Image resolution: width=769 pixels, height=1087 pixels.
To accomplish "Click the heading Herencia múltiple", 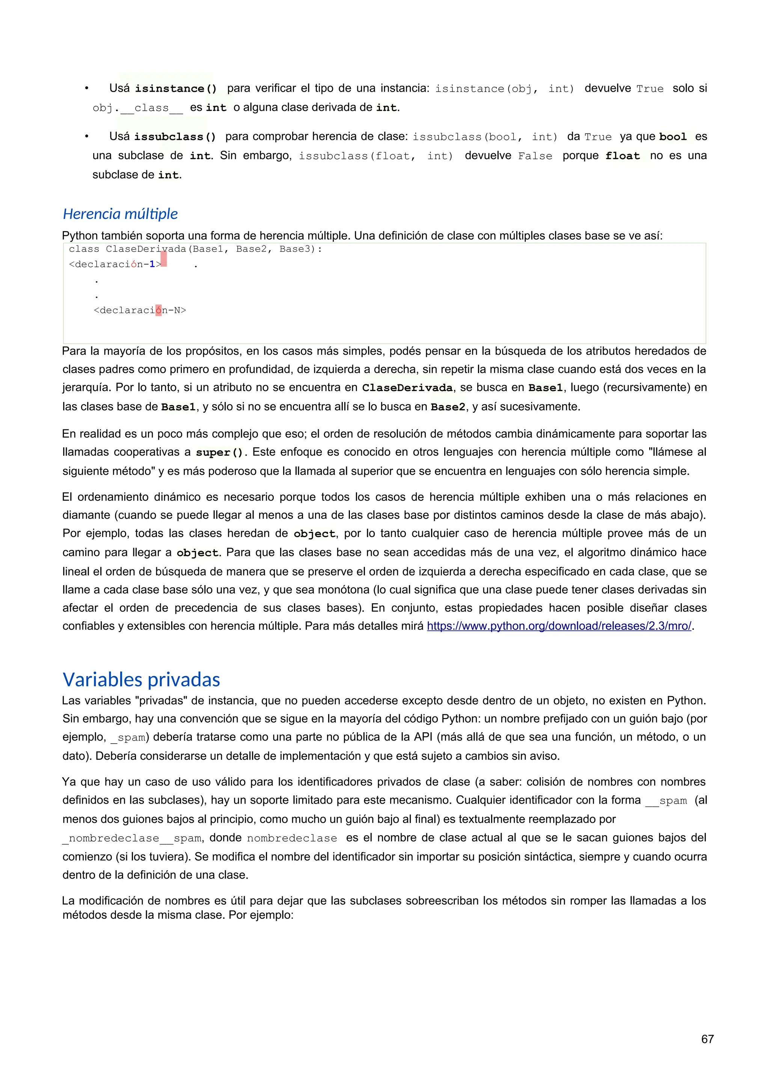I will (x=120, y=214).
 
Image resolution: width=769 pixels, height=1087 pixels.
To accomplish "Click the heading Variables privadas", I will (x=141, y=679).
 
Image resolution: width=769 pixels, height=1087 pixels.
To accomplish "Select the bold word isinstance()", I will (x=176, y=89).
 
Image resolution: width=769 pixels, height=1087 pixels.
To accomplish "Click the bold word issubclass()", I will (x=175, y=137).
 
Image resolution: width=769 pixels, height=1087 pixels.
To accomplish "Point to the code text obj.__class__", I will (x=137, y=108).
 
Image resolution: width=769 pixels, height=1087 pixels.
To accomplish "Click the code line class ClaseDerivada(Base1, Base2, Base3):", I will (x=195, y=249).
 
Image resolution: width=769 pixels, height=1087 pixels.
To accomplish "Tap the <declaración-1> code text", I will (x=115, y=265).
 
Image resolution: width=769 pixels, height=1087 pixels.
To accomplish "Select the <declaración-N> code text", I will (x=140, y=310).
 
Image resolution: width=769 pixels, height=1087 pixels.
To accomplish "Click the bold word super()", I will (x=219, y=453).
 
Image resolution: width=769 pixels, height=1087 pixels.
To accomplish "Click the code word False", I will (x=535, y=156).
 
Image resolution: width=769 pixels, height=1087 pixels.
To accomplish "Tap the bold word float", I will (x=622, y=156).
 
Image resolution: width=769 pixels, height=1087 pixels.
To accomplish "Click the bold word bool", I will (x=672, y=137).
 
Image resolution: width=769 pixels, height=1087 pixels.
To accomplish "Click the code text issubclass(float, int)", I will (x=375, y=156).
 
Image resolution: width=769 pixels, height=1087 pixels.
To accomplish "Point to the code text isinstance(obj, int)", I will (x=504, y=89).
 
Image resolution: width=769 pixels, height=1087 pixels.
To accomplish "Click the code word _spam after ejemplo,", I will (x=128, y=738).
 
